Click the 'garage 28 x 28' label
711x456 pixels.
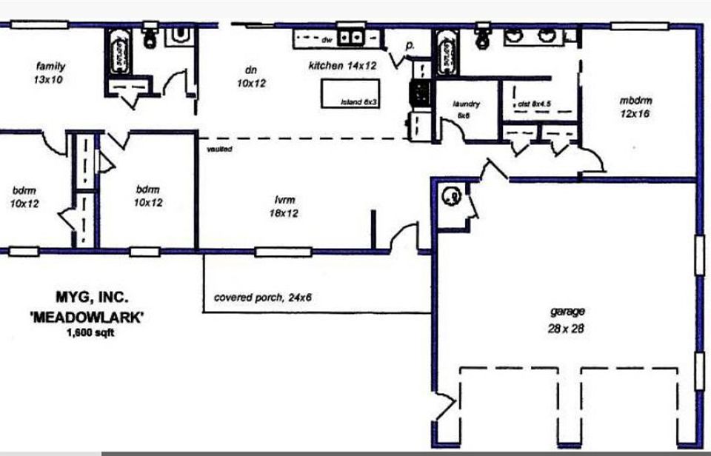[567, 321]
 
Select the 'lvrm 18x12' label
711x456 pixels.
[286, 207]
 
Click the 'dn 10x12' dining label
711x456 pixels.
[251, 76]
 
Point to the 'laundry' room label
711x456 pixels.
[467, 104]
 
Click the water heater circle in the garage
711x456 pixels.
[451, 196]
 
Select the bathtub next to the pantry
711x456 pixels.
[446, 53]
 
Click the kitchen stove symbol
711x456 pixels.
[420, 93]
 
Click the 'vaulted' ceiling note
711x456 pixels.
[220, 150]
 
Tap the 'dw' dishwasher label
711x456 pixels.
[327, 39]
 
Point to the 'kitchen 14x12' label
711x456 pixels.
[343, 66]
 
